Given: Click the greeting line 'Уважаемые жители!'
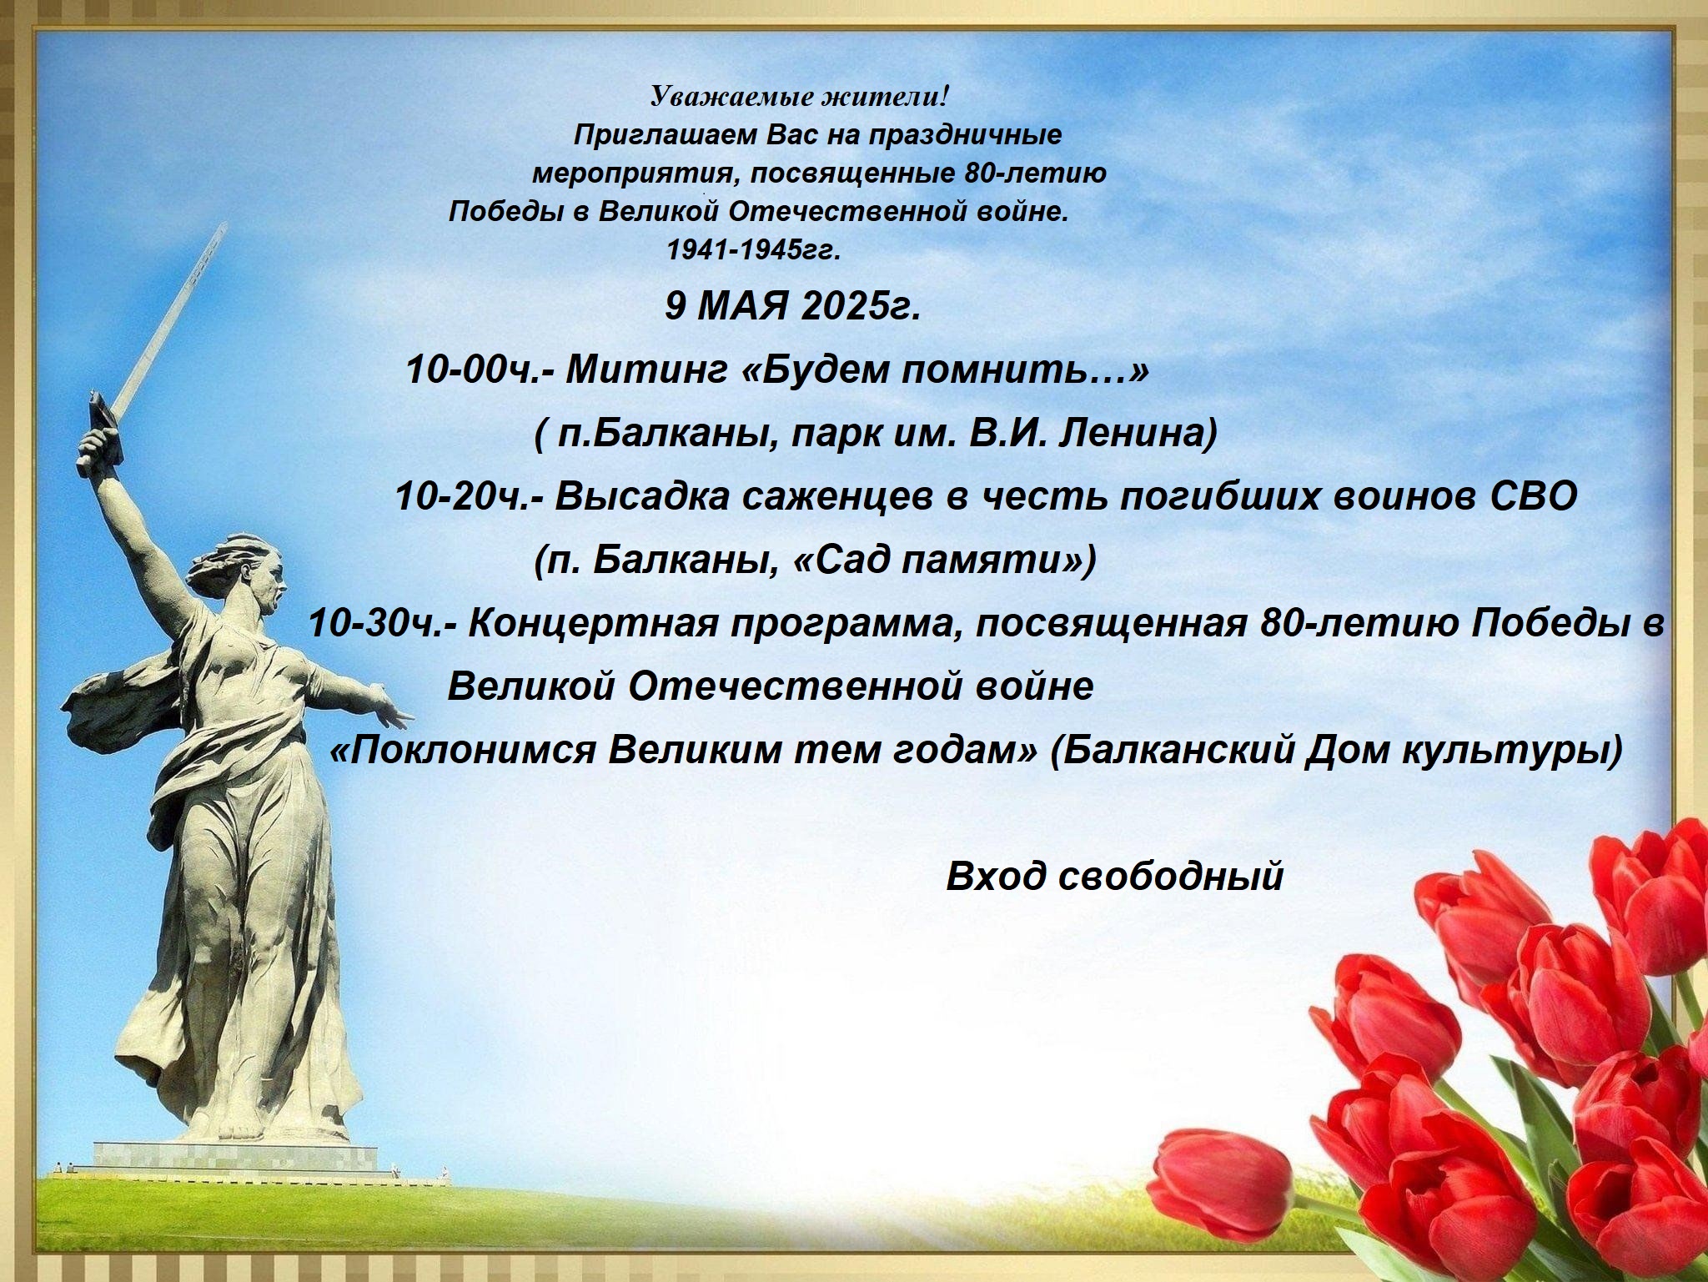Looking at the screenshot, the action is point(800,98).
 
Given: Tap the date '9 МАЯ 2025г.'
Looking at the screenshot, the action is point(792,307).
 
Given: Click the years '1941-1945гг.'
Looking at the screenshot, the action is point(752,250).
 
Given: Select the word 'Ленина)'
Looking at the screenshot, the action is point(1138,435).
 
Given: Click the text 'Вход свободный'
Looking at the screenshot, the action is point(1114,877).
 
